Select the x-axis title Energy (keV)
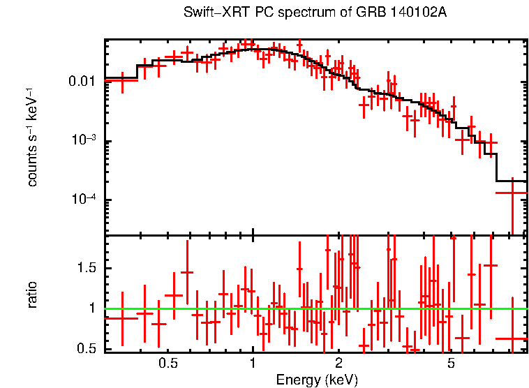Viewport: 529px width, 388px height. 317,380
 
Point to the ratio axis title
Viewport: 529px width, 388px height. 32,294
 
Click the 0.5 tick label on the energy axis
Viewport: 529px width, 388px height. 167,363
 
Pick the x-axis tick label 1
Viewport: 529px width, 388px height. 253,363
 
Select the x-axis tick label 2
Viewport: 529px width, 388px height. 338,363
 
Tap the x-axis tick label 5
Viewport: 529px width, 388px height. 451,363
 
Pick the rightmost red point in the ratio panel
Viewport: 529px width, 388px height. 512,338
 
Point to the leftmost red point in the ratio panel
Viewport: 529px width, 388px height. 121,318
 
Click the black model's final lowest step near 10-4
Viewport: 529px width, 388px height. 511,181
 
